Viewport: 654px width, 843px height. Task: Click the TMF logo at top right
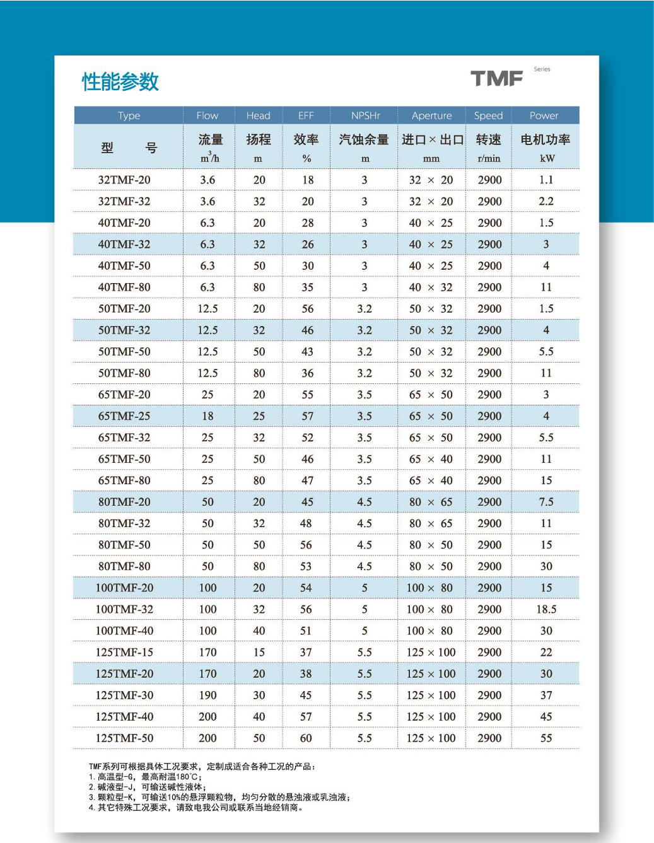coord(497,79)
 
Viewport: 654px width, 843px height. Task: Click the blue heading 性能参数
coord(120,82)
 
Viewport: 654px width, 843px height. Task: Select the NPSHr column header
coord(365,115)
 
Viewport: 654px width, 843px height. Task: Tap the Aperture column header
coord(431,115)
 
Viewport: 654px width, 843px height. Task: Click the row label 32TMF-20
coord(124,180)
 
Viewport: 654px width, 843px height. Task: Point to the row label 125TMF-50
coord(124,738)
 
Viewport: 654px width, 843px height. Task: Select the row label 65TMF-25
coord(124,416)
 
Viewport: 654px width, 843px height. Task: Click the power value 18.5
coord(546,609)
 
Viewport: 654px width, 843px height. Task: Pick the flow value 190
coord(207,695)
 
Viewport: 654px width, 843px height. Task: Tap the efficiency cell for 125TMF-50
coord(306,738)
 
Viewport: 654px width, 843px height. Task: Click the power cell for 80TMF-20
coord(546,502)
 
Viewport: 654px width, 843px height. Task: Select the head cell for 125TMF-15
coord(259,652)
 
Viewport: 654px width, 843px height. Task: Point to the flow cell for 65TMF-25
coord(207,416)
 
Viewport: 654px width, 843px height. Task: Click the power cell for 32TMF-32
coord(546,201)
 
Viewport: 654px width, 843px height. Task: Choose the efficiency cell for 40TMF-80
coord(307,287)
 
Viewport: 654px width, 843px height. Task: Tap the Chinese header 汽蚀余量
coord(364,139)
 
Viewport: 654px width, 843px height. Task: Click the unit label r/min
coord(489,159)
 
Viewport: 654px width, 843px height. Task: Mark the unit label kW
coord(547,159)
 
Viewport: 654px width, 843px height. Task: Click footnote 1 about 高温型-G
coord(145,777)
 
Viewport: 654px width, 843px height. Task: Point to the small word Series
coord(542,69)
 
